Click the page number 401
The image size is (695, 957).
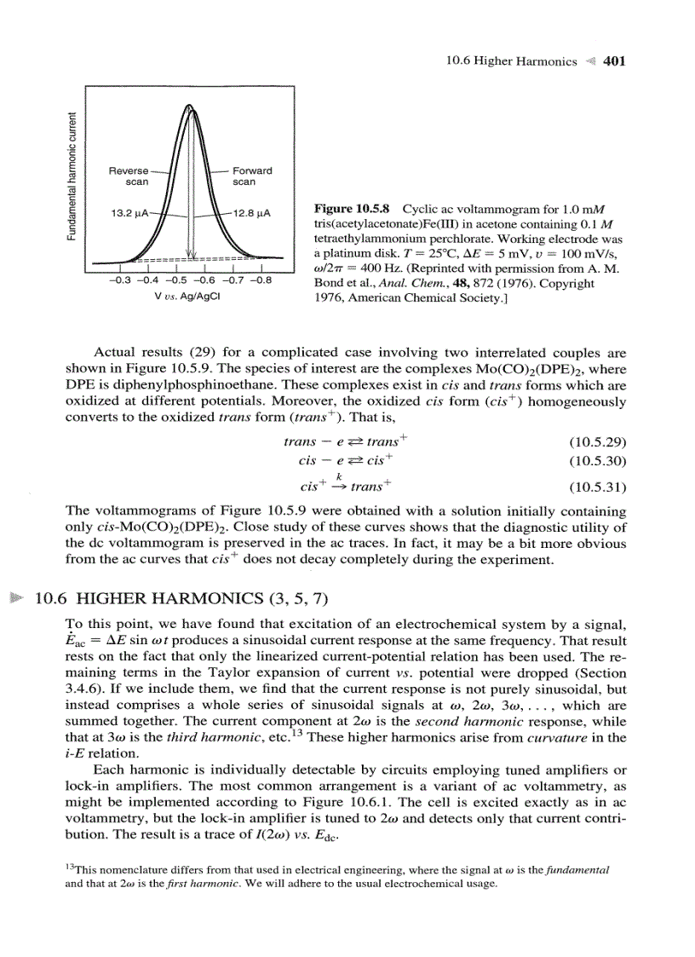[614, 61]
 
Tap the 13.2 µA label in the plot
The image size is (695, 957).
[129, 213]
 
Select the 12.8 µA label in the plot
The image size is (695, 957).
[250, 213]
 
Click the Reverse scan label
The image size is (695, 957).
[129, 176]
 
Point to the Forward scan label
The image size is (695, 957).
[251, 176]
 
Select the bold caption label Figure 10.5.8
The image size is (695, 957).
[353, 209]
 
